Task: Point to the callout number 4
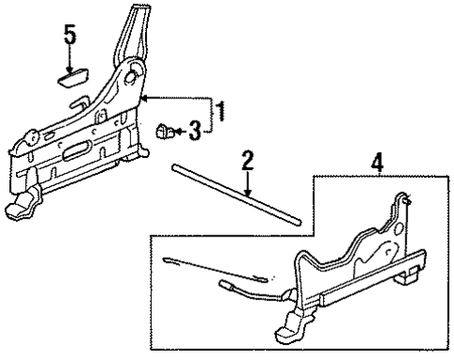coord(377,162)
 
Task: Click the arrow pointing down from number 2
coord(247,188)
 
